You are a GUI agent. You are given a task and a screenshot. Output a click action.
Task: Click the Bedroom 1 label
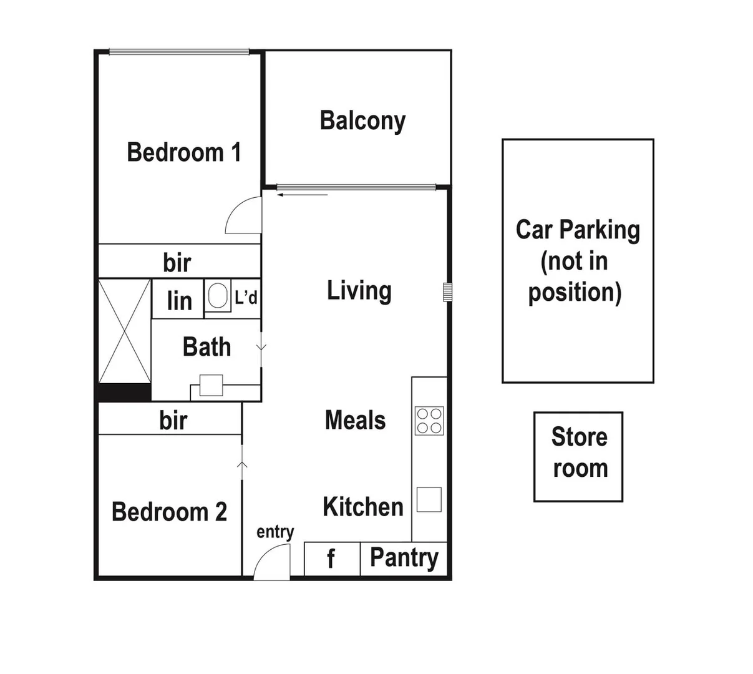click(183, 152)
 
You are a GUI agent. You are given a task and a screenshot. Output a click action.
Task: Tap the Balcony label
click(362, 120)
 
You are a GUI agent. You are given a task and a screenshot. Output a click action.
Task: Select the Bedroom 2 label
click(169, 512)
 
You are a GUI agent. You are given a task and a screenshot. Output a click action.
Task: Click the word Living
click(359, 291)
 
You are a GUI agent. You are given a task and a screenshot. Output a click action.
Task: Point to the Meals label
click(355, 421)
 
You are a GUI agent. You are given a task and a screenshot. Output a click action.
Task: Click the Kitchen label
click(363, 507)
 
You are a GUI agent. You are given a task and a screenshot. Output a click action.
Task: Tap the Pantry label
click(404, 558)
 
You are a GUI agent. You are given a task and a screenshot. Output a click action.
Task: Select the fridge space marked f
click(331, 559)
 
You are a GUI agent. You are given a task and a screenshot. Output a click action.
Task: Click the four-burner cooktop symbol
click(429, 420)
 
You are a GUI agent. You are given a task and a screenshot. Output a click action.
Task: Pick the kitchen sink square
click(429, 499)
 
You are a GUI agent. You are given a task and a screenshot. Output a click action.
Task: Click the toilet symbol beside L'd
click(217, 296)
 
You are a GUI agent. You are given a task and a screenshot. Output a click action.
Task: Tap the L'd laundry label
click(246, 298)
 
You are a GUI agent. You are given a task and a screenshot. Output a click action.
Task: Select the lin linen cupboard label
click(179, 301)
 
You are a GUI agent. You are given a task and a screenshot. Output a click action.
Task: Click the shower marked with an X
click(125, 331)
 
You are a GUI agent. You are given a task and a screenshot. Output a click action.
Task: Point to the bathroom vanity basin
click(211, 385)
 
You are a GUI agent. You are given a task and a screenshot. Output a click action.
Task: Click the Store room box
click(578, 456)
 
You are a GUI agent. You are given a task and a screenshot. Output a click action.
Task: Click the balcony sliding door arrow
click(303, 195)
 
